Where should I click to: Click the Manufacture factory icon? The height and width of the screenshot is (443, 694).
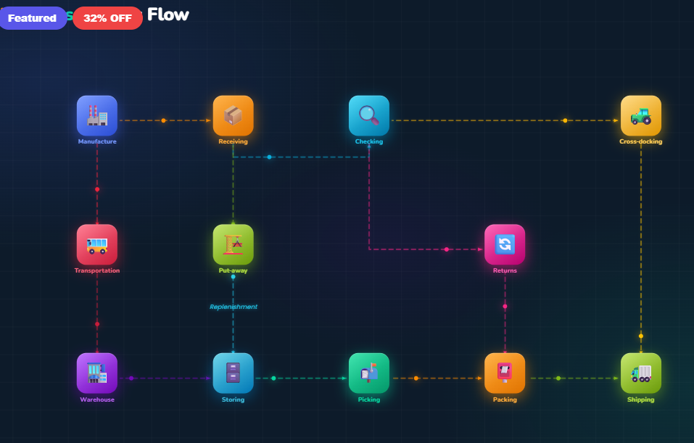coord(97,116)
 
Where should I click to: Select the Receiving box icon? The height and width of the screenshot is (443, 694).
coord(233,116)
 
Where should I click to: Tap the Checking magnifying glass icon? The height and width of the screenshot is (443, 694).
coord(368,116)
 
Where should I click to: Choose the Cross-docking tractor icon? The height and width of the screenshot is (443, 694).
coord(640,116)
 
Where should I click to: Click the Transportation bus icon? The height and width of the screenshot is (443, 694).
coord(97,245)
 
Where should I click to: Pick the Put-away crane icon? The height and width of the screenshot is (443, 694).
coord(233,245)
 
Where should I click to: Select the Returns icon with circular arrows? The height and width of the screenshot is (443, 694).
coord(505,245)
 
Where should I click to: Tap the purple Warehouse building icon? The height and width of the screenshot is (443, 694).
coord(97,373)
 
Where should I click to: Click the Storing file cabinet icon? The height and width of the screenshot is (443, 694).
coord(233,373)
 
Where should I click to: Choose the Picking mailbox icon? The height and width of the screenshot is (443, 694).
coord(368,373)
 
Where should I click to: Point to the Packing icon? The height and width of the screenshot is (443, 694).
coord(505,373)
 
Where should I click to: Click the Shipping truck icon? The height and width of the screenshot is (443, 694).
coord(640,373)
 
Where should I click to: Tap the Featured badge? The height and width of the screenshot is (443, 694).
coord(33,18)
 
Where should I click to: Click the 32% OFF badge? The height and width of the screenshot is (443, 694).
coord(107,18)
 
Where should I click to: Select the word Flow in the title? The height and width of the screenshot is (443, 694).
coord(168,14)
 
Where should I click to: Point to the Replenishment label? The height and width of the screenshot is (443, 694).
coord(233,307)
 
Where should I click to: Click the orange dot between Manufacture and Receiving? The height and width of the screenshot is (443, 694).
coord(163,120)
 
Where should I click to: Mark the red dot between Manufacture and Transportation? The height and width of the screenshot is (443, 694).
coord(97,189)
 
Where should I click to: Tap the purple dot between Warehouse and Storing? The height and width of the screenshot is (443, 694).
coord(131,378)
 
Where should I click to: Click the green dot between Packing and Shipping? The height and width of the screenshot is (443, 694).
coord(558,378)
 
